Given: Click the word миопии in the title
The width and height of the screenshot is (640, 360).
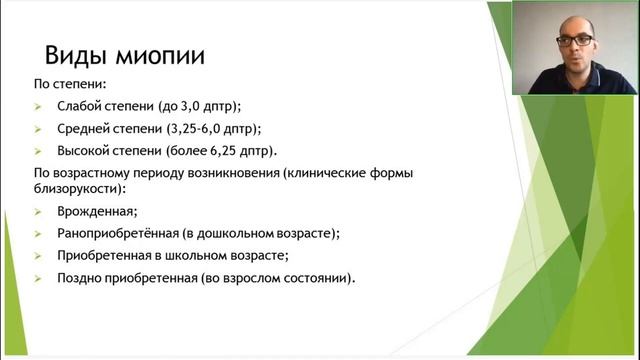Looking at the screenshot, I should [x=159, y=54].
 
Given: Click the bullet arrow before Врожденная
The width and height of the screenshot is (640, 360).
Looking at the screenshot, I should [x=37, y=212].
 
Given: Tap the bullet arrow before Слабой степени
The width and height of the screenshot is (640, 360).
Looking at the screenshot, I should [x=37, y=106].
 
